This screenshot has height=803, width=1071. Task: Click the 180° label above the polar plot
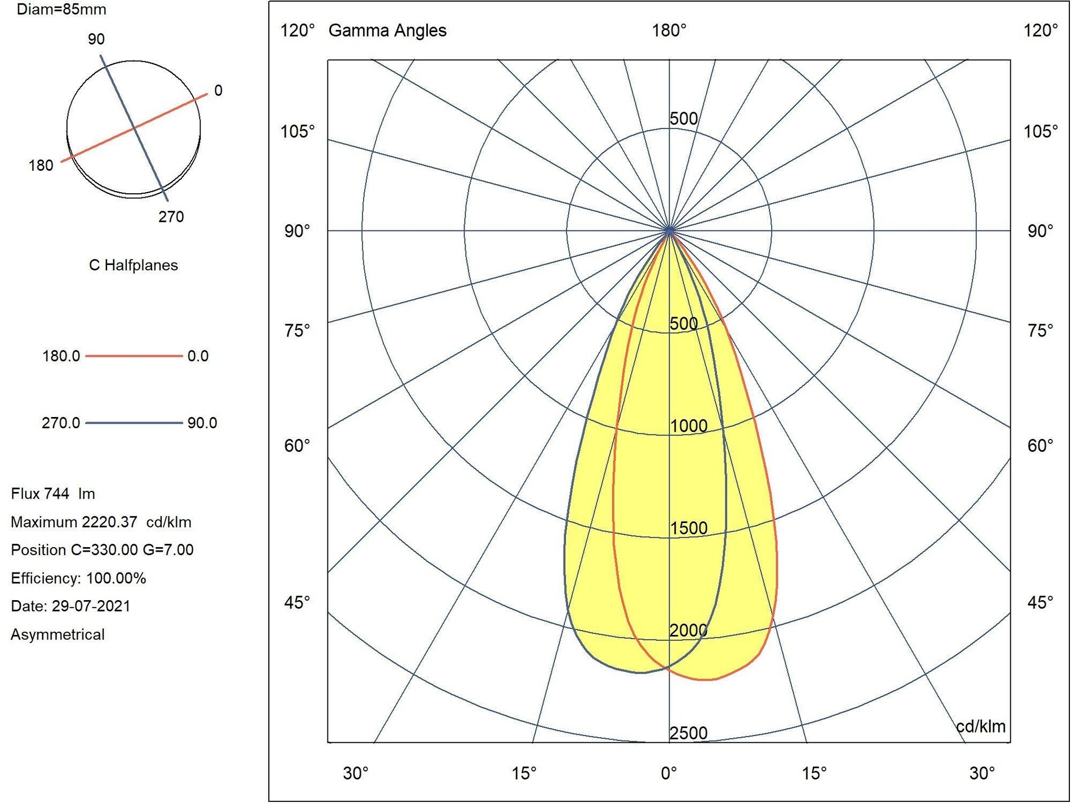tap(669, 30)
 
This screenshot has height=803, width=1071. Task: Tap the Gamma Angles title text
tap(387, 30)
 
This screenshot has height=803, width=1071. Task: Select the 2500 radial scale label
tap(688, 733)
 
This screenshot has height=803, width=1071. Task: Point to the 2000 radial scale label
tap(688, 631)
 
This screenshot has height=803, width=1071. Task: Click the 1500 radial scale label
tap(688, 528)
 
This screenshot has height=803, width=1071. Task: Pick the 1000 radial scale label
tap(688, 426)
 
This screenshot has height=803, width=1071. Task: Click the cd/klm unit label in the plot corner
tap(981, 726)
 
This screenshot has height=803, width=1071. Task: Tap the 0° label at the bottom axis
tap(669, 773)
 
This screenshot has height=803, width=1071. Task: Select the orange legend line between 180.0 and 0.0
tap(134, 356)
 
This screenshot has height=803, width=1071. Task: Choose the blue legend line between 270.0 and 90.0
tap(134, 423)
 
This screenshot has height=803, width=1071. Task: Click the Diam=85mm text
tap(61, 9)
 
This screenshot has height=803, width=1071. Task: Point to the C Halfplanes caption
tap(134, 265)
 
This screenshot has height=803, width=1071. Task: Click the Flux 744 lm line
tap(53, 494)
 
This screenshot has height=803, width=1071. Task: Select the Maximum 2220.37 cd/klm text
tap(101, 522)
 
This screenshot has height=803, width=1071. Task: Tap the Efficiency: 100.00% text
tap(78, 578)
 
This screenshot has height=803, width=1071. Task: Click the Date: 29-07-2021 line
tap(70, 606)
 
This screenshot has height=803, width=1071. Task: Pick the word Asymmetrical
tap(57, 635)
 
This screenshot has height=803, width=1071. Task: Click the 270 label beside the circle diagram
tap(171, 217)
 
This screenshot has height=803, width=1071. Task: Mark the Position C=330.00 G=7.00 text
tap(102, 550)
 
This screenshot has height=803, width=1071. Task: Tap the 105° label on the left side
tap(298, 131)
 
